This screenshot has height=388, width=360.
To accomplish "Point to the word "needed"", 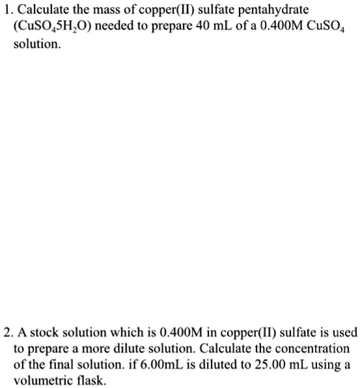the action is pos(116,29).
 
